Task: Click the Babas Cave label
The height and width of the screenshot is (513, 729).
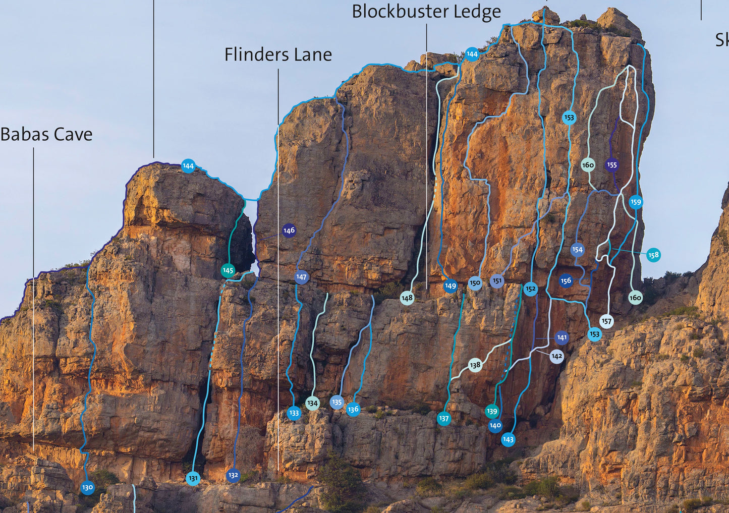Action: [46, 135]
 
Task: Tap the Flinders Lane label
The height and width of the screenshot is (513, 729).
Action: [278, 54]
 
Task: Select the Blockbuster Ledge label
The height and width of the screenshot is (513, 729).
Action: [426, 12]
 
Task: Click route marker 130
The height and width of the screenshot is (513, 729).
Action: [87, 487]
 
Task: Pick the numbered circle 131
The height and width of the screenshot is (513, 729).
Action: [193, 478]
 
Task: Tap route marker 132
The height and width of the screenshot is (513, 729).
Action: [233, 475]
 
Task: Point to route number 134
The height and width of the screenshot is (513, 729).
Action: [312, 403]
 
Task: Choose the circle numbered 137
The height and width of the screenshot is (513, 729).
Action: [443, 418]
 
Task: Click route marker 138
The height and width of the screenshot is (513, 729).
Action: [475, 365]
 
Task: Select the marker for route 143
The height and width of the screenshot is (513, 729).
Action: [508, 439]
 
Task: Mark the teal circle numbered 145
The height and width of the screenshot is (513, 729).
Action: [228, 270]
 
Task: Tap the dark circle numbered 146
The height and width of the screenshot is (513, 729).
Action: [289, 231]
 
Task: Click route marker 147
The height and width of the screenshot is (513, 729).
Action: [301, 277]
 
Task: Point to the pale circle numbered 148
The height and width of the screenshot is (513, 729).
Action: [407, 298]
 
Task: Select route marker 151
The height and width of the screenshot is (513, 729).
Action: [497, 281]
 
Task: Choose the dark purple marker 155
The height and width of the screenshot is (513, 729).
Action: [611, 164]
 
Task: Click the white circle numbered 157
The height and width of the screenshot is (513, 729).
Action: [606, 321]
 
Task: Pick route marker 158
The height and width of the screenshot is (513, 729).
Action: [653, 255]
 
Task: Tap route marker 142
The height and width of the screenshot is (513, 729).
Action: [556, 356]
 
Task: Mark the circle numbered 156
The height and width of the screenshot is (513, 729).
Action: [566, 280]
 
